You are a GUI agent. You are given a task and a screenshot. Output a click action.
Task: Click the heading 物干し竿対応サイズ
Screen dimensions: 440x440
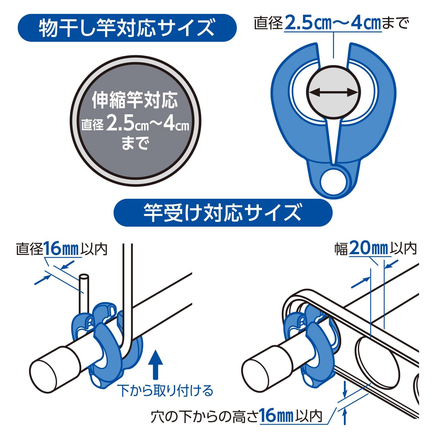click(x=127, y=28)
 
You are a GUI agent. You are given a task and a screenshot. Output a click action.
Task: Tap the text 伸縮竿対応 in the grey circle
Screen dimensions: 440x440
click(x=134, y=100)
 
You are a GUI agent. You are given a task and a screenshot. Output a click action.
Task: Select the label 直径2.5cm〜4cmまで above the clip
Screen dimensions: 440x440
click(x=331, y=23)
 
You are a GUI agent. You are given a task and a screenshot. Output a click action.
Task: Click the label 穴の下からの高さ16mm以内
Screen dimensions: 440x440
click(x=236, y=416)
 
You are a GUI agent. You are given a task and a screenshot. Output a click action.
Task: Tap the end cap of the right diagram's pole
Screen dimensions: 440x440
click(x=256, y=373)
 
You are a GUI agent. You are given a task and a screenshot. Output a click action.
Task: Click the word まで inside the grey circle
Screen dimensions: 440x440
click(x=135, y=143)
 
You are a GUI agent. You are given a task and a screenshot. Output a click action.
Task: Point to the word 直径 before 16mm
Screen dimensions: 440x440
click(x=30, y=249)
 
